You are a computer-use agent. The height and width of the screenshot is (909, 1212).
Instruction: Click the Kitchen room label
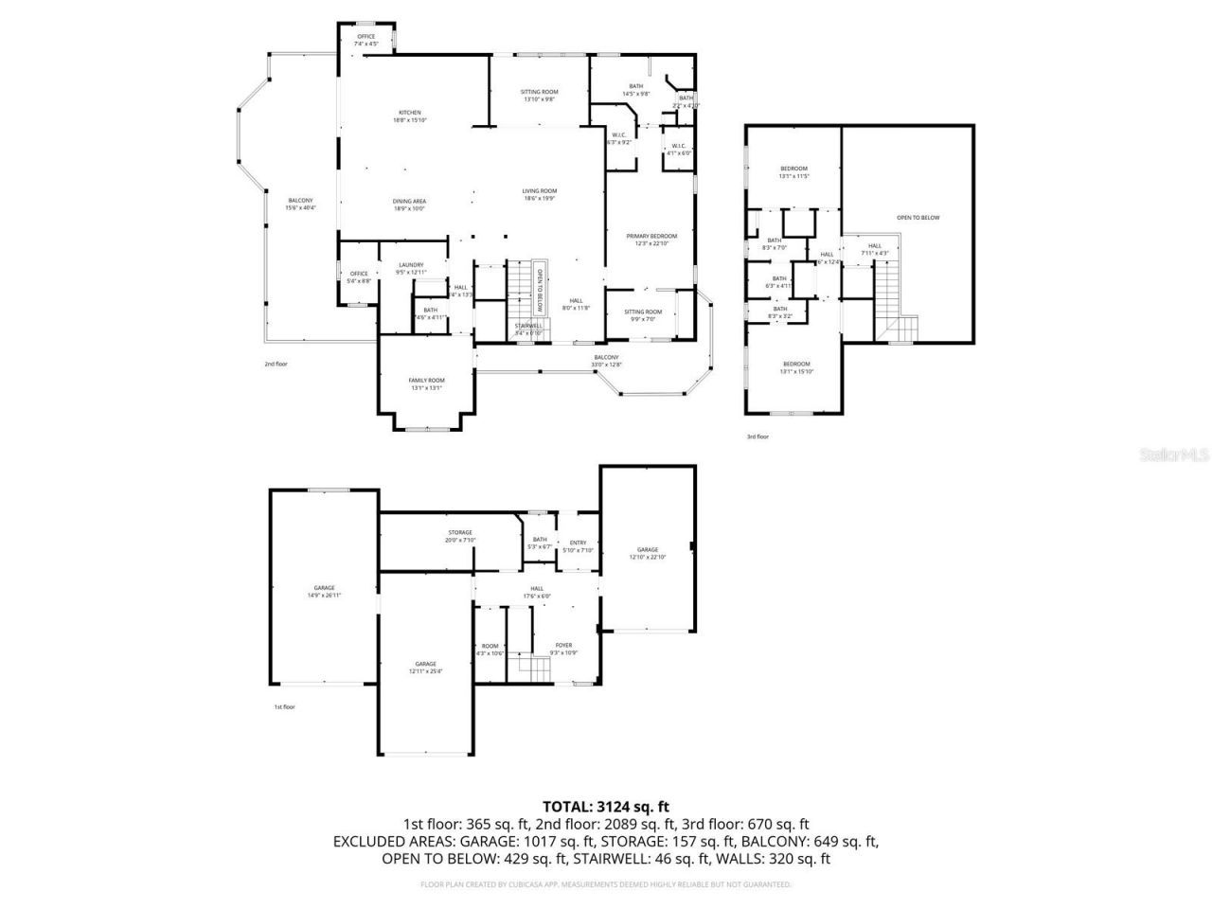(409, 116)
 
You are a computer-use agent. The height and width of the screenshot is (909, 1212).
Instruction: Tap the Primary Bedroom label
(651, 239)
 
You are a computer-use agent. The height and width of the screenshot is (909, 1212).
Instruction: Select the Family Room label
(426, 383)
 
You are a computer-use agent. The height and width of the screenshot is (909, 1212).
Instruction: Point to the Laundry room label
(410, 268)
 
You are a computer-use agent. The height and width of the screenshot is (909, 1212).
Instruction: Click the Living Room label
(540, 194)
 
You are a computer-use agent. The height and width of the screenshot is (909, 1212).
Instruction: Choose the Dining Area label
(409, 205)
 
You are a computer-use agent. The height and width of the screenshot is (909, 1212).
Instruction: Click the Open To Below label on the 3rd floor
(918, 218)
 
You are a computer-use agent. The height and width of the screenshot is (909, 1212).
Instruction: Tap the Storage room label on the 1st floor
(459, 536)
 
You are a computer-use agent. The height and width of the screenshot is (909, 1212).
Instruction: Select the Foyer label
(563, 649)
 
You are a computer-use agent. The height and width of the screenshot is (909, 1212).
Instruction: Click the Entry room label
(578, 546)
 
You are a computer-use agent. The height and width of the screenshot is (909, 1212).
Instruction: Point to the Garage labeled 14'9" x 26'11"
(324, 591)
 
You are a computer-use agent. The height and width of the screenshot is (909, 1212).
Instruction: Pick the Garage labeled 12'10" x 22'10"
(647, 553)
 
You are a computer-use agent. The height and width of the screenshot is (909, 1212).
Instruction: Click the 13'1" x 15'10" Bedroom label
(795, 367)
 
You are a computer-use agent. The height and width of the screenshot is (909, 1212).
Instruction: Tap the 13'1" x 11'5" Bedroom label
(793, 172)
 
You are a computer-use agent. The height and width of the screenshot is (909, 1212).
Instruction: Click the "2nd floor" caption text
(276, 364)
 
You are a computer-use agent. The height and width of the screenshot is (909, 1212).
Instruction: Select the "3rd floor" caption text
(757, 437)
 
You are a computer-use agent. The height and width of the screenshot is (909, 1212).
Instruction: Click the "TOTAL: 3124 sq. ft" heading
(606, 807)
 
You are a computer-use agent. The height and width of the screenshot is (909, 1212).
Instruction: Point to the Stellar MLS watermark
(1173, 454)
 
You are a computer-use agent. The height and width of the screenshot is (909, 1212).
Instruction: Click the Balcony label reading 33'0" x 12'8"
(606, 361)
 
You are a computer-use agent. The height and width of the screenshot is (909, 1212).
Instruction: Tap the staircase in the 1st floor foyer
(538, 670)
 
